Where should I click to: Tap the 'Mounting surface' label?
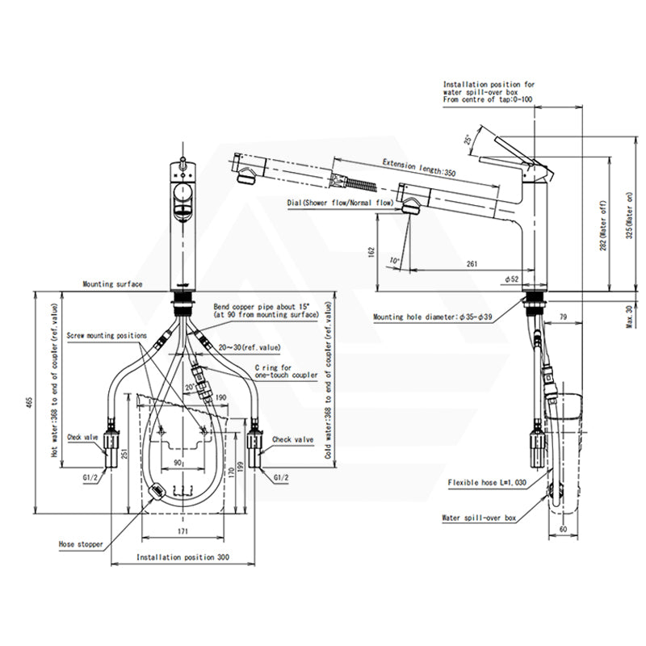112,284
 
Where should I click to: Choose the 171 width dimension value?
182,532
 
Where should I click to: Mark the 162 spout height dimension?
368,251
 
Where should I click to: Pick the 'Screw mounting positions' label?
107,335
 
